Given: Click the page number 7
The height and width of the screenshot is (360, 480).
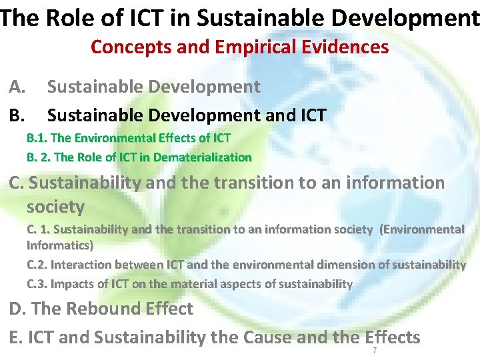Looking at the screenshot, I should click(x=375, y=351).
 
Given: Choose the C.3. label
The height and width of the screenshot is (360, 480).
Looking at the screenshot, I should click(x=37, y=284).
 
